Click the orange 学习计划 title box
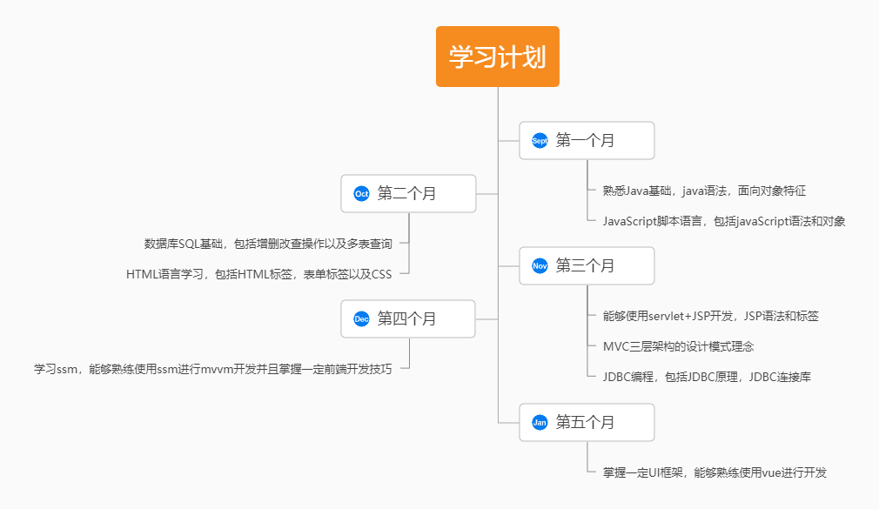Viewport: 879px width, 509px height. click(x=497, y=57)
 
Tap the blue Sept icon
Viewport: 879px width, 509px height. click(x=540, y=140)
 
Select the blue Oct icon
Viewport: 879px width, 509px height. click(x=361, y=193)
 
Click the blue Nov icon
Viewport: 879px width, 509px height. click(x=540, y=265)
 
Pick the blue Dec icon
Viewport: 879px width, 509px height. click(x=361, y=318)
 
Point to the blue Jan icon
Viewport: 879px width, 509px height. click(x=540, y=422)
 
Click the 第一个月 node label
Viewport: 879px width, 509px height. click(x=585, y=140)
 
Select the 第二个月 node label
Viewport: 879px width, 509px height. click(x=406, y=193)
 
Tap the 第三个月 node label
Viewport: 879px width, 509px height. click(x=585, y=265)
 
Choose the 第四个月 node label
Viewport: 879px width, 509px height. click(x=406, y=318)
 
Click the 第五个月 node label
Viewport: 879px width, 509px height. click(x=585, y=422)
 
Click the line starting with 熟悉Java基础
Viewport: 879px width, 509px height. click(x=710, y=191)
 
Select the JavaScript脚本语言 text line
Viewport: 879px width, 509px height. click(x=724, y=221)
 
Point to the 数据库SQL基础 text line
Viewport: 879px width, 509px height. click(x=268, y=244)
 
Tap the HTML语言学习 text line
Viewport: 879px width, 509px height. click(x=258, y=274)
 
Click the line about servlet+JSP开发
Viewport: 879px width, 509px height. click(x=710, y=316)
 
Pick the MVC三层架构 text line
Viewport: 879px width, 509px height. click(x=678, y=346)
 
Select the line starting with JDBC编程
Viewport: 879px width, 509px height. click(x=707, y=377)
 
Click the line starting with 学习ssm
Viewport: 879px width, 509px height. click(x=212, y=369)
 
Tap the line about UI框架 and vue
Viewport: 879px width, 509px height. click(x=715, y=472)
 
